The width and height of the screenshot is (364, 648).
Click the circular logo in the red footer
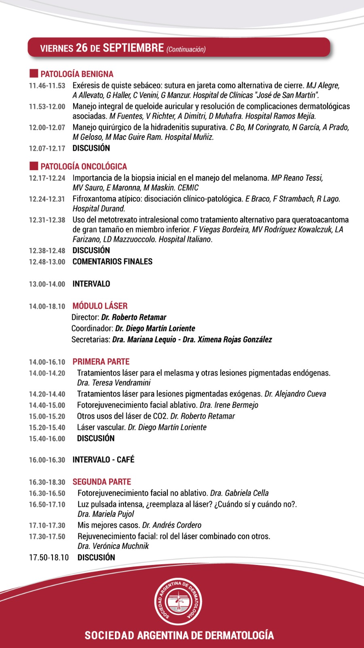tap(178, 601)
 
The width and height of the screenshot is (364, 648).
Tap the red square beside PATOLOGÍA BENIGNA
tap(34, 74)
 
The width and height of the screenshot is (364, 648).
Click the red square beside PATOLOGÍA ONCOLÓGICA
tap(34, 166)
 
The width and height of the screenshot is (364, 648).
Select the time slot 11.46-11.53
tap(47, 86)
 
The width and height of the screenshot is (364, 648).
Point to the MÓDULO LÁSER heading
tap(100, 306)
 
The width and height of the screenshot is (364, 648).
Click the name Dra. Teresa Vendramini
tap(114, 383)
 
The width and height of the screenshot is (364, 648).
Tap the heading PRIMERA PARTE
tap(101, 362)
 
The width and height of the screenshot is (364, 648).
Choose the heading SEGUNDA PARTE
tap(102, 482)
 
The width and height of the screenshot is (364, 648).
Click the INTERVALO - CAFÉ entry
tap(104, 460)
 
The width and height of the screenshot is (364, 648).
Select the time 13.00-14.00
tap(47, 284)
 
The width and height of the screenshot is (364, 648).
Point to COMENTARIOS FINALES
tap(112, 262)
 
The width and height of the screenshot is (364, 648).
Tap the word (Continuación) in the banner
tap(186, 49)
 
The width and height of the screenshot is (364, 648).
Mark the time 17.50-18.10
tap(49, 558)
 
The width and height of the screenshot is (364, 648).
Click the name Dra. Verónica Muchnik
tap(113, 546)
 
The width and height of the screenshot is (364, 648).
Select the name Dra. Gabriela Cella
tap(239, 493)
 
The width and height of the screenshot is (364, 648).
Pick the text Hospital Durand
tap(99, 209)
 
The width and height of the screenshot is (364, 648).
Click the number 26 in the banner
tap(82, 48)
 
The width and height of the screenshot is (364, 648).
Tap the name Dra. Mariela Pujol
tap(106, 514)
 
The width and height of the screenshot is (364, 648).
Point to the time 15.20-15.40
tap(47, 428)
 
